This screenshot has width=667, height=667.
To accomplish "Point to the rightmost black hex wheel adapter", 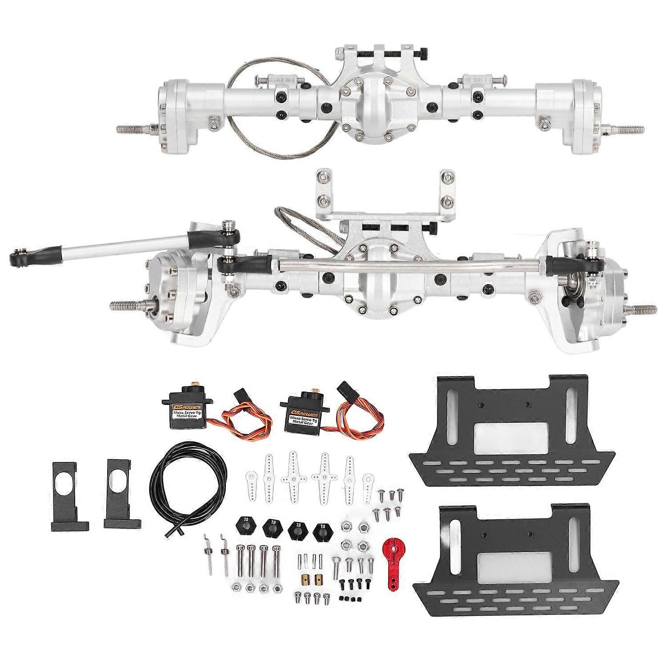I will point(323,530).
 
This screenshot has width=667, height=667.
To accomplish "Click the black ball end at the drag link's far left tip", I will point(20,257).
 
